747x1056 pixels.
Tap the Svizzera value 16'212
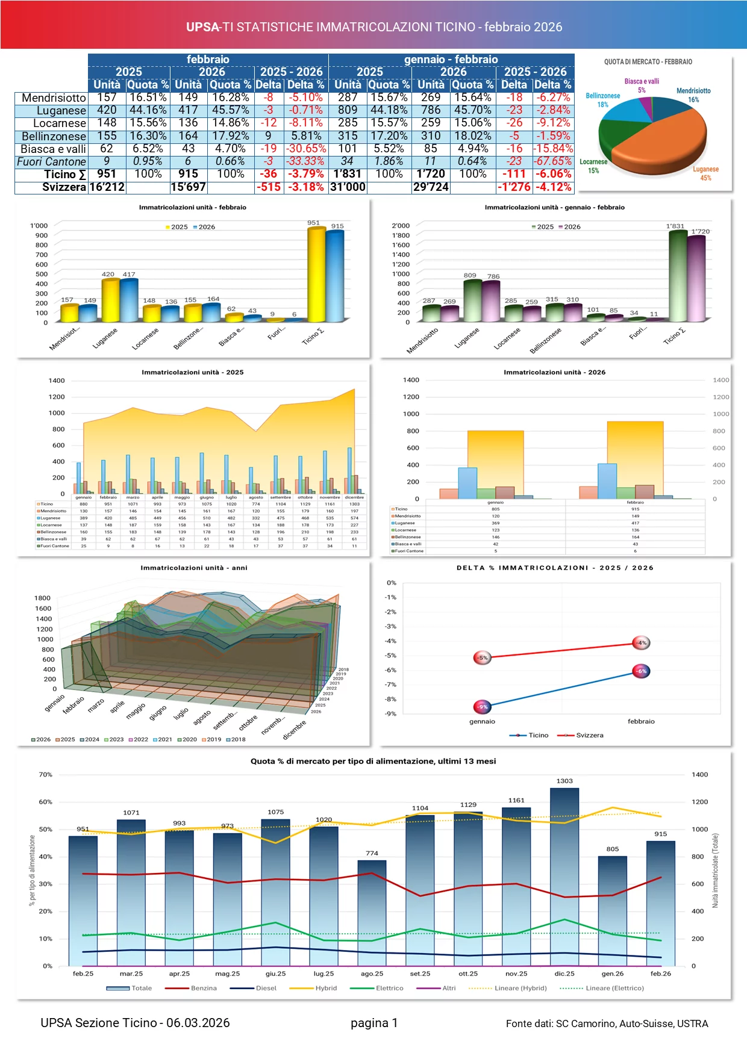coord(107,187)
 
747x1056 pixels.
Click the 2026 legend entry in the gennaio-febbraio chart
coord(569,227)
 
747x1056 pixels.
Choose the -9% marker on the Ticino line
coord(483,707)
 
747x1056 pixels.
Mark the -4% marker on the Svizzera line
coord(642,643)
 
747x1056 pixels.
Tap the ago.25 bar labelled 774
coord(372,912)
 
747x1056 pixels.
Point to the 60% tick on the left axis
coord(46,802)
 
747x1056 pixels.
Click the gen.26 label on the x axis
coord(613,974)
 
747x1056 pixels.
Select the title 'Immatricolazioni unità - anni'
coord(194,568)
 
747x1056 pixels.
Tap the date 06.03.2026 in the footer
coord(198,1023)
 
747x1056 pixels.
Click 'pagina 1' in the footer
coord(374,1023)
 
